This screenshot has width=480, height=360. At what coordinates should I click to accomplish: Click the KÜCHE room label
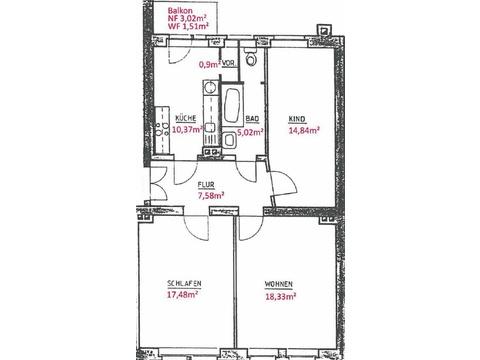pos(186,118)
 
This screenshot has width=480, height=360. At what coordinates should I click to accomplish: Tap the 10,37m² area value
pos(188,129)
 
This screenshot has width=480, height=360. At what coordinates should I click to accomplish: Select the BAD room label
pos(252,119)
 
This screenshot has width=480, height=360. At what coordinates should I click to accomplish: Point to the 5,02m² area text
pos(250,132)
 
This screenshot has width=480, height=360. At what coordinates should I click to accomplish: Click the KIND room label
pos(297,119)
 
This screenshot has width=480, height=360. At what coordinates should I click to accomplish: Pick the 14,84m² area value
pos(304,130)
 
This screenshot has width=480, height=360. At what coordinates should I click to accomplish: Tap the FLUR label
pos(206,185)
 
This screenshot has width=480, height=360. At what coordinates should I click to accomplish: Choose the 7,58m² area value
pos(211,196)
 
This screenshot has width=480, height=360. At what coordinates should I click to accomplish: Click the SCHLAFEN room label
pos(184,284)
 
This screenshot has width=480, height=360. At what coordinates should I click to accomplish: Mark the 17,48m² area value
pos(183,295)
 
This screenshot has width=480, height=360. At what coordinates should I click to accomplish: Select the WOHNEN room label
pos(279,284)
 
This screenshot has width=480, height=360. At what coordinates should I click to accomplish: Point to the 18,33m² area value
pos(281,296)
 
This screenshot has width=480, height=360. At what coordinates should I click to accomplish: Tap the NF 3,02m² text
pos(187,18)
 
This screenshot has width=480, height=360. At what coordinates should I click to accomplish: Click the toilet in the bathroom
pos(251,57)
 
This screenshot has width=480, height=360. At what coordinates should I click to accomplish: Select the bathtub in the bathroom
pos(232,104)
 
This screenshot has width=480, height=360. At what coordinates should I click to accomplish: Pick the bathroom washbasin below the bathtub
pos(229,139)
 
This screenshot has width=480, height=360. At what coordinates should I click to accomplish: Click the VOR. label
pos(229,63)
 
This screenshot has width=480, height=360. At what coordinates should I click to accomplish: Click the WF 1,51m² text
pos(188,26)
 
